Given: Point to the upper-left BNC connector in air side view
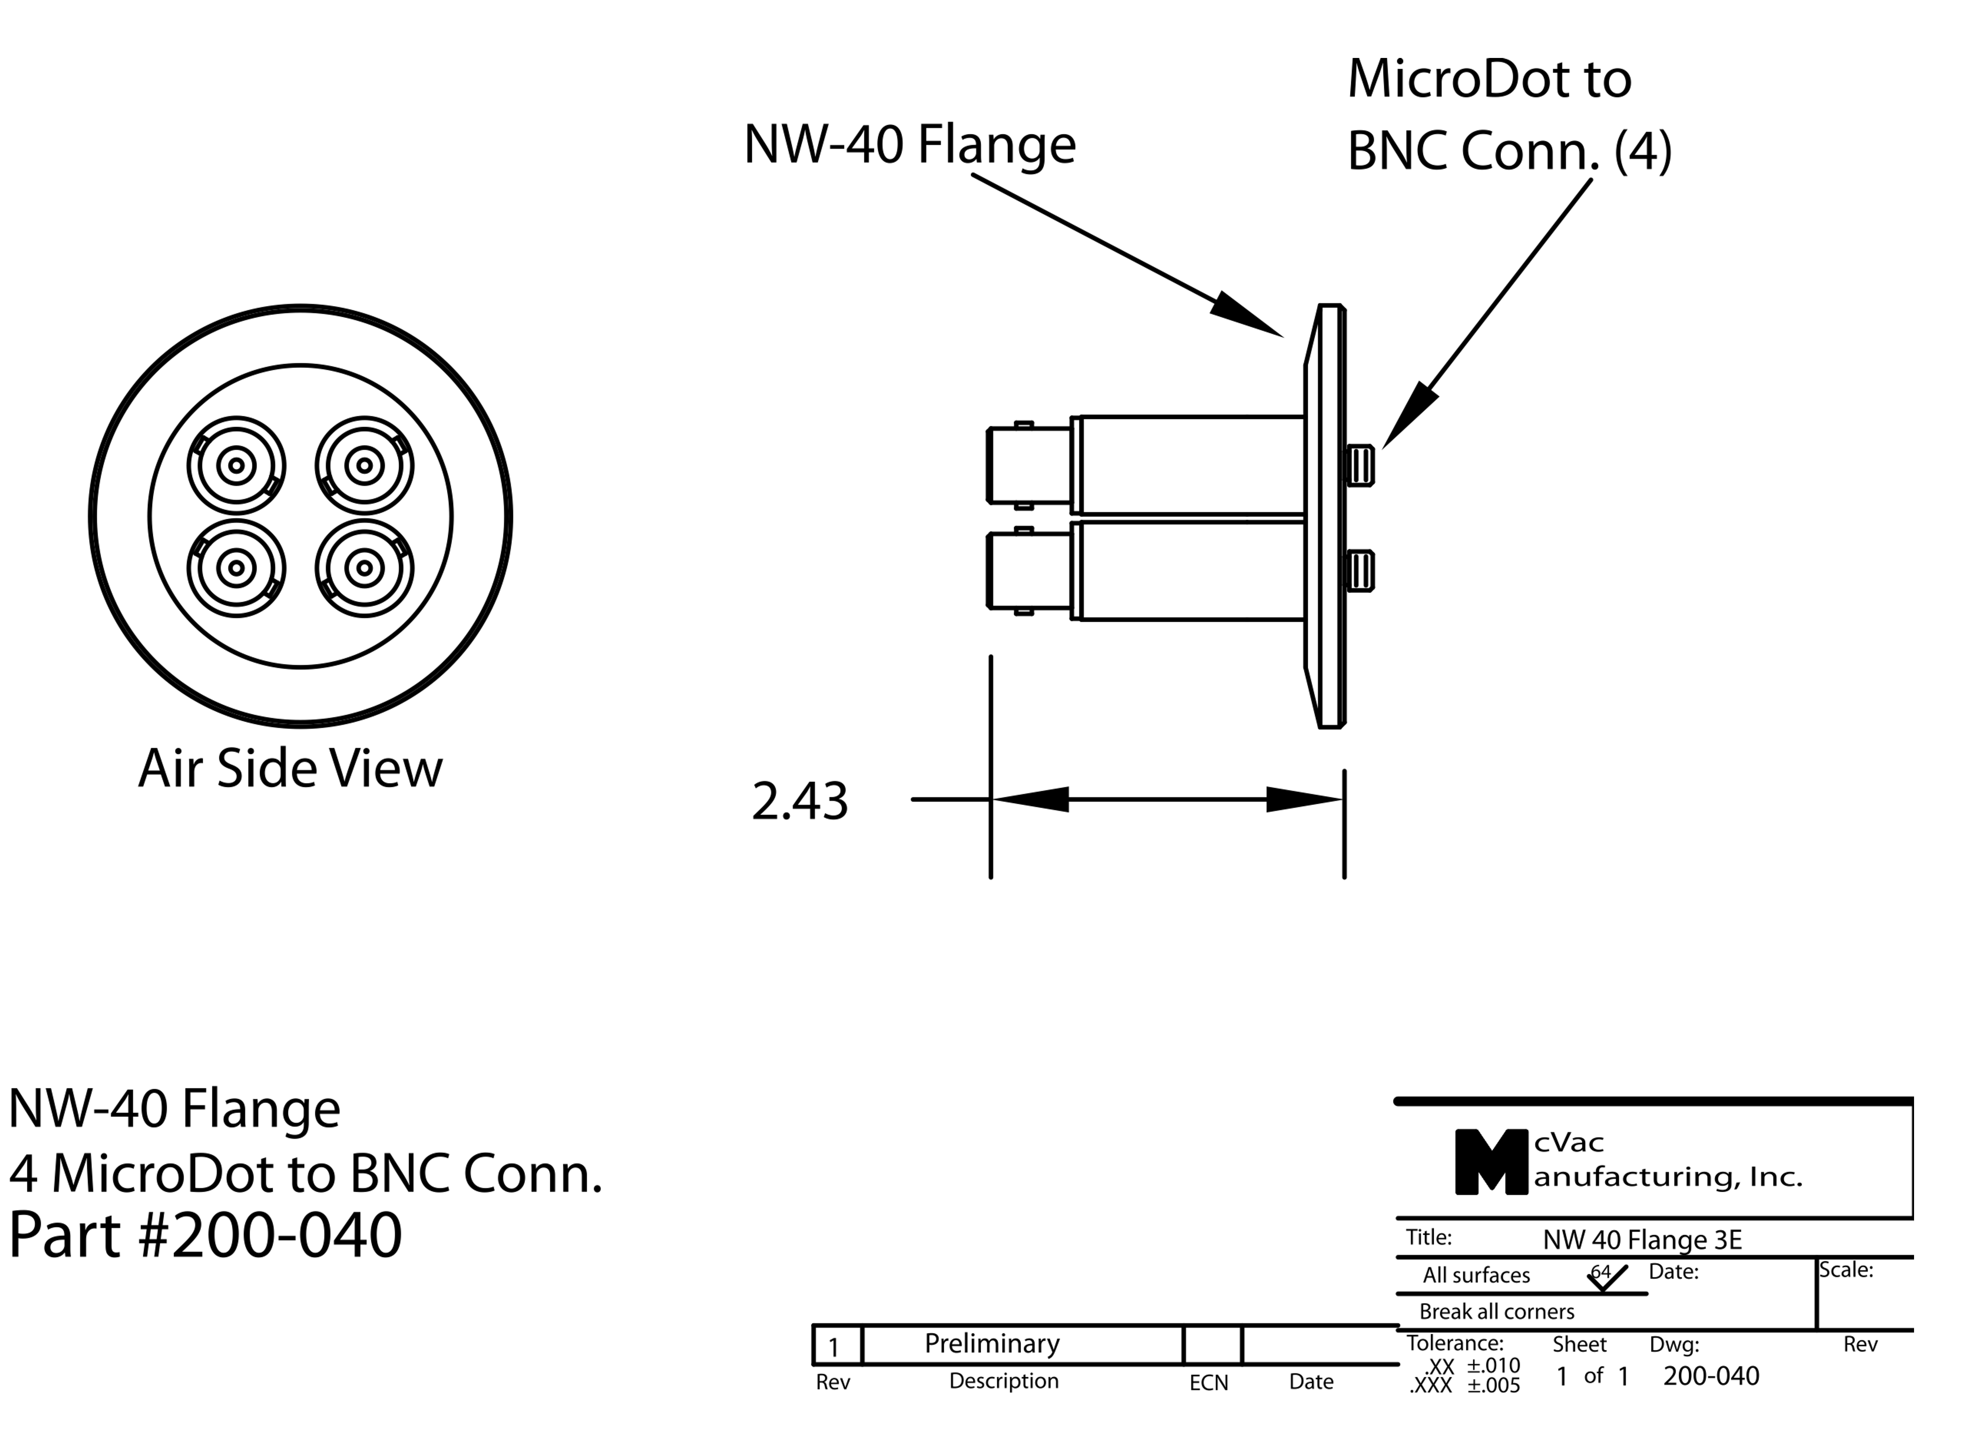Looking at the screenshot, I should (x=236, y=465).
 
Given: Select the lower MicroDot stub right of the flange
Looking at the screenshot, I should (x=1361, y=572).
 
